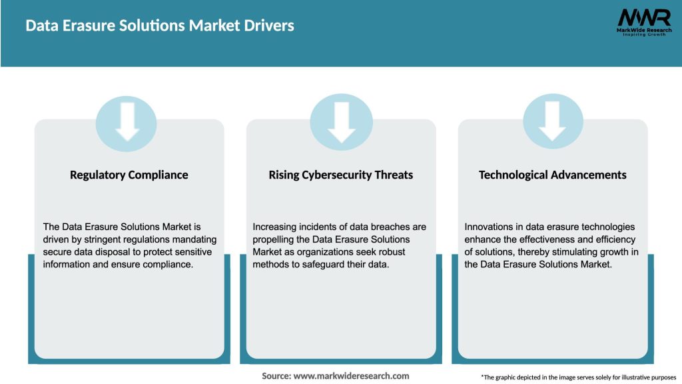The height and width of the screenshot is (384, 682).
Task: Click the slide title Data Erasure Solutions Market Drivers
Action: (x=160, y=26)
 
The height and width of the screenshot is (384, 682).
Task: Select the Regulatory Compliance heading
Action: (x=129, y=175)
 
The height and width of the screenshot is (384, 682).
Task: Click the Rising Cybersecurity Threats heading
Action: (x=341, y=175)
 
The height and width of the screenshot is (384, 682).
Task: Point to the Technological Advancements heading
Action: (x=553, y=175)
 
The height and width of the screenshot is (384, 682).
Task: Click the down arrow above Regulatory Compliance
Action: (x=127, y=123)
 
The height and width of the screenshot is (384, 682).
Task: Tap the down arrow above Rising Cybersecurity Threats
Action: (x=341, y=123)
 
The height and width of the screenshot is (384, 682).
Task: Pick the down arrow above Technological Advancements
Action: (x=553, y=123)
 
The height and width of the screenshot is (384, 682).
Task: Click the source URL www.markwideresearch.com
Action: (x=351, y=376)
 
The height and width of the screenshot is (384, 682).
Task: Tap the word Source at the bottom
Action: (x=276, y=376)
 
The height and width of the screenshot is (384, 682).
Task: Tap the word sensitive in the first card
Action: (x=192, y=251)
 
